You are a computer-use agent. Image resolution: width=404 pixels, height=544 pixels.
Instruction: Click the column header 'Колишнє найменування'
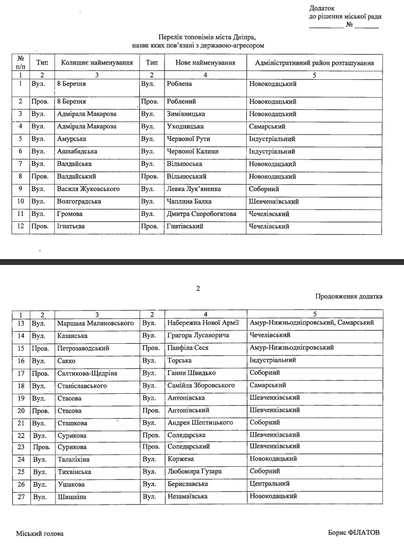coord(97,63)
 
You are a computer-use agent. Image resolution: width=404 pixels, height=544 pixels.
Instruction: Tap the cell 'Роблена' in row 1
coord(180,84)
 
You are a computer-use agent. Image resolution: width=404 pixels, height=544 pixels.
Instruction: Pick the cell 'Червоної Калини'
coord(193,151)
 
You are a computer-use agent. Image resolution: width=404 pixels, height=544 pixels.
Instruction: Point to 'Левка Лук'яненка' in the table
coord(194,189)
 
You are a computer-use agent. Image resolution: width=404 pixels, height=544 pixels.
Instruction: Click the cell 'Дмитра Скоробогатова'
coord(202,214)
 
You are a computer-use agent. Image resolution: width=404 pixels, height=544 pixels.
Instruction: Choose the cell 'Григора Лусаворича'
coord(198,335)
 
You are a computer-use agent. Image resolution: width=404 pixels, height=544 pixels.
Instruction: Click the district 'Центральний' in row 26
coord(270,484)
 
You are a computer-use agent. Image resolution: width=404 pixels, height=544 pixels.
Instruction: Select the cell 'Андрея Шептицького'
coord(200,422)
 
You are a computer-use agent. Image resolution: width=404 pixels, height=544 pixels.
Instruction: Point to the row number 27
coord(21,496)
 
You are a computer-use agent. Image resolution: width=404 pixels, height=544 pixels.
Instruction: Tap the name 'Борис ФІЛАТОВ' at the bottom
coord(354,532)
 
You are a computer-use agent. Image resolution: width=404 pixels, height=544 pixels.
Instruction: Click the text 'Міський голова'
coord(39,533)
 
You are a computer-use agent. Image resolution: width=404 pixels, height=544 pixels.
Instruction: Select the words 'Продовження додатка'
coord(349,296)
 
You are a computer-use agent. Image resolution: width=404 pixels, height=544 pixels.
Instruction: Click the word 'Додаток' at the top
coord(322,8)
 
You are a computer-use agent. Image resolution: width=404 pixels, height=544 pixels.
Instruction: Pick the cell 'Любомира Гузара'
coord(194,472)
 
